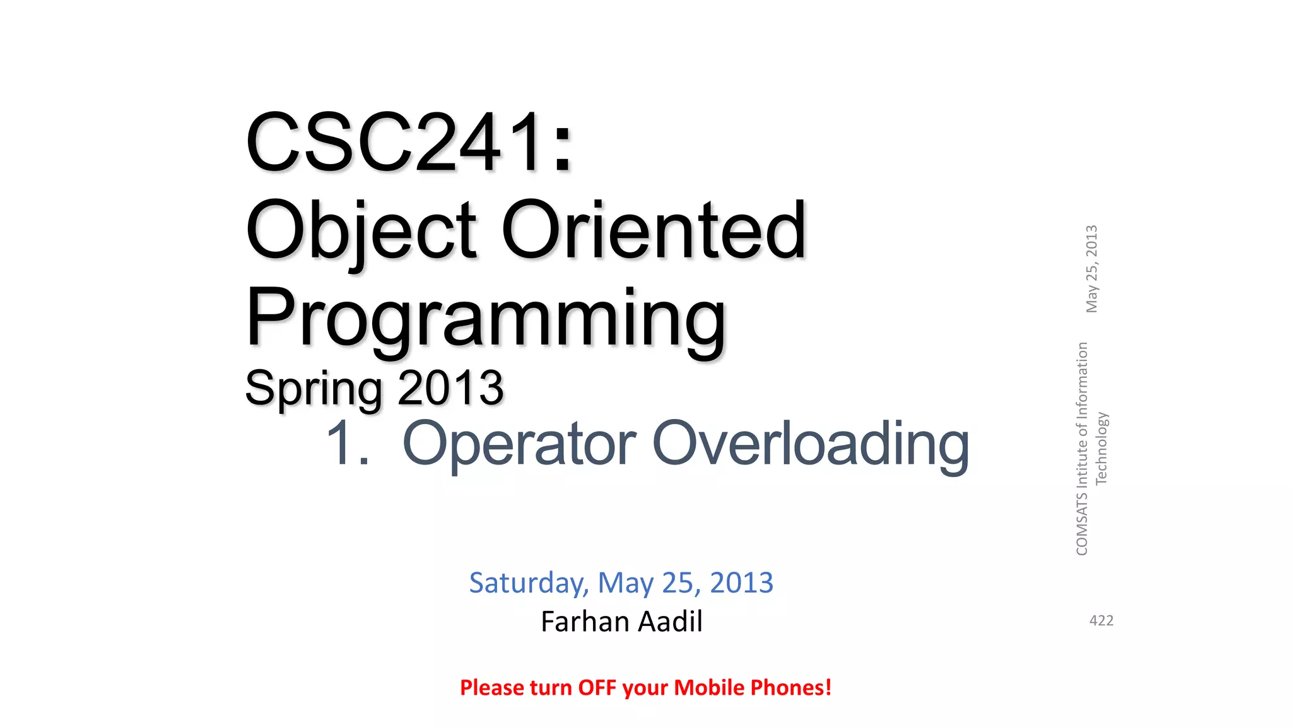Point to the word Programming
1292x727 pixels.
[486, 319]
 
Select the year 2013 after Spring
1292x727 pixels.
[450, 388]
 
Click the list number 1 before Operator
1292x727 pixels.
[340, 444]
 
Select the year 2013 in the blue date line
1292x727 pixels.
[741, 582]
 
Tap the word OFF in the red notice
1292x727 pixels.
[597, 687]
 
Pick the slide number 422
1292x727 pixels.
[1101, 621]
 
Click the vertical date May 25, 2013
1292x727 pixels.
[1091, 269]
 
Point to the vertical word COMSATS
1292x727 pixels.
[1082, 524]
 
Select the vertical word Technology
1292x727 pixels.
[1101, 449]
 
